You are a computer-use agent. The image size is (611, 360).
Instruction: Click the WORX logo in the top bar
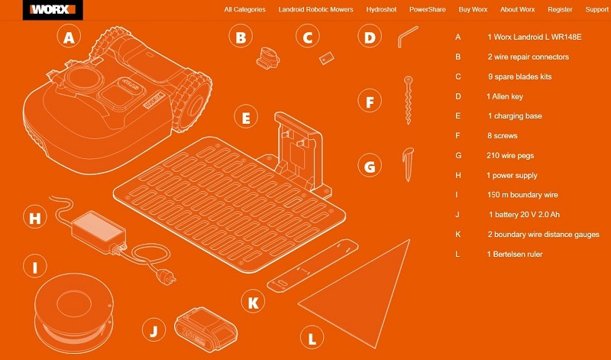[x=53, y=9]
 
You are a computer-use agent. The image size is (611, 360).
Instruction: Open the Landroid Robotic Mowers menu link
[x=315, y=9]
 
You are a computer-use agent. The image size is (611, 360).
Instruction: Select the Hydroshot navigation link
[x=381, y=9]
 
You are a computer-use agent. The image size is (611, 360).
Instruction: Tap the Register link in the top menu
[x=560, y=9]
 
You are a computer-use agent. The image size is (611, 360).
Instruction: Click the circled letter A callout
[x=69, y=37]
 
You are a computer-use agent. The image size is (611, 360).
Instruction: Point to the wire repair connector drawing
[x=268, y=58]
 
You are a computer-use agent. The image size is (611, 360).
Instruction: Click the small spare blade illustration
[x=327, y=58]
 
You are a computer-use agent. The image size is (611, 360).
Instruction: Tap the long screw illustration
[x=408, y=100]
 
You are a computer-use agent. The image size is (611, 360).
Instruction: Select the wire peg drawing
[x=408, y=164]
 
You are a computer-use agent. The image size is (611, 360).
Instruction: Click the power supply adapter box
[x=99, y=232]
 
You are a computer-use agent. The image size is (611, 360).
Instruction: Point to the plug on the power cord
[x=166, y=276]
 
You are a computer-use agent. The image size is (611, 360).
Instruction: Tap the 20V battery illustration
[x=205, y=329]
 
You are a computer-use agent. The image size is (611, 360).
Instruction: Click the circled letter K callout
[x=253, y=302]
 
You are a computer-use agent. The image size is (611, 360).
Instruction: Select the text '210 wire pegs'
[x=510, y=156]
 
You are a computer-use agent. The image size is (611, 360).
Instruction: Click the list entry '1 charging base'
[x=515, y=116]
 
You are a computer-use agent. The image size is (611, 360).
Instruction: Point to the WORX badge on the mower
[x=153, y=100]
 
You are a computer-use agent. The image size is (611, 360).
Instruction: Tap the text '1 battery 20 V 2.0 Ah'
[x=524, y=215]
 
